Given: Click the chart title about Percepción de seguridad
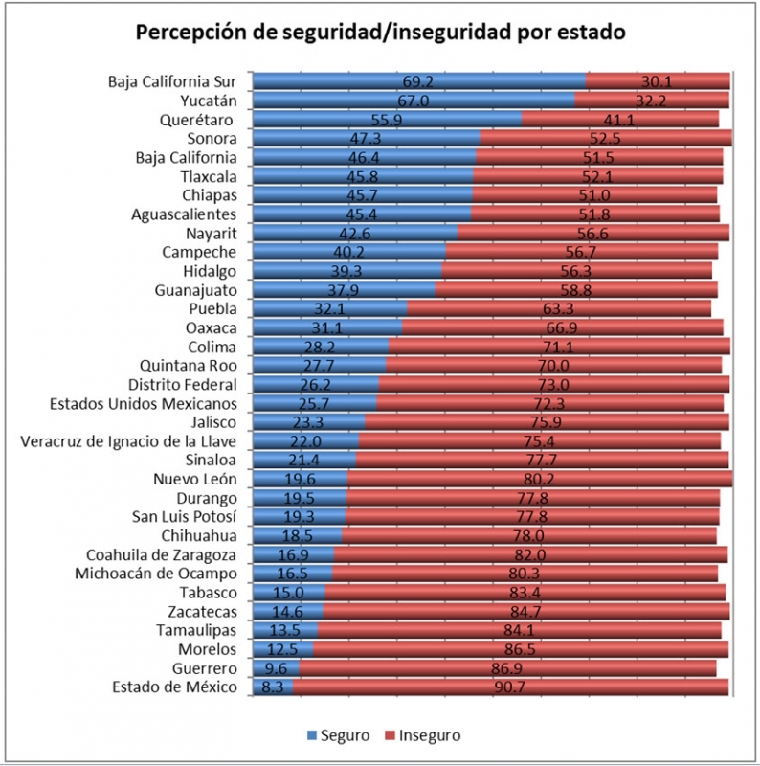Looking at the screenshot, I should point(380,32).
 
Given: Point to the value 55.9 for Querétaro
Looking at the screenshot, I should point(388,120).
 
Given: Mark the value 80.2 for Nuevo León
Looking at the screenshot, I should point(540,479).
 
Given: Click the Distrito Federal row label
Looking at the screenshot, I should point(183,384).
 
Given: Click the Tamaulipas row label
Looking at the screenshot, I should point(196,630).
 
